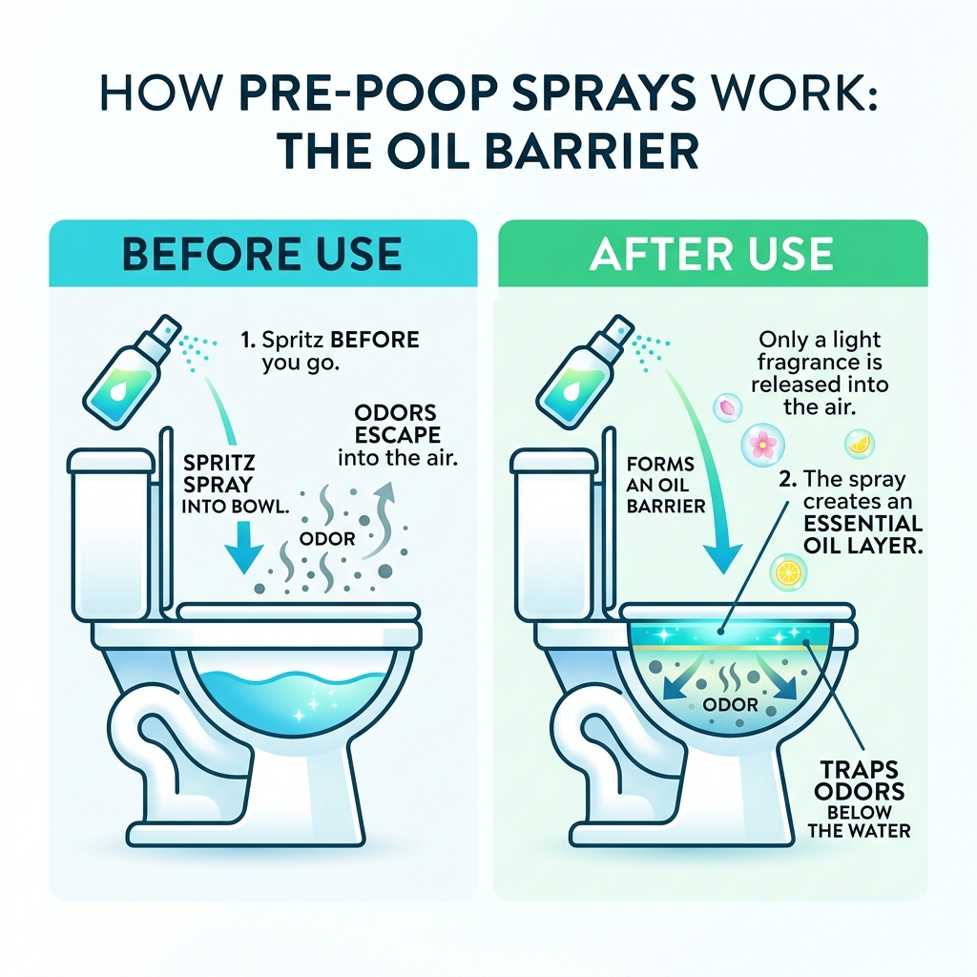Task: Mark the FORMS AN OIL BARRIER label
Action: point(665,485)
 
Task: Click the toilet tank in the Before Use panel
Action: point(113,534)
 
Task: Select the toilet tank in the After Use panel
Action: point(555,534)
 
